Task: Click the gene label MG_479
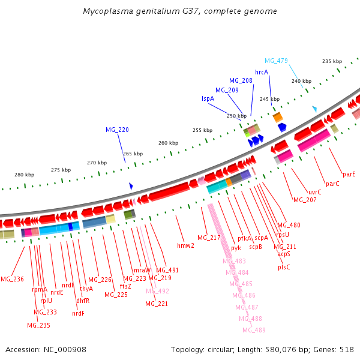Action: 276,61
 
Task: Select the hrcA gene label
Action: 262,72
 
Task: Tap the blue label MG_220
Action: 117,130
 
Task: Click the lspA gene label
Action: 208,98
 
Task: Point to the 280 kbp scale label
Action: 25,175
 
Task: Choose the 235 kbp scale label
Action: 332,61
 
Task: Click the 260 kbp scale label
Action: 169,143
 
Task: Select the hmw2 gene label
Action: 185,245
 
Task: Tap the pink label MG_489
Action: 254,330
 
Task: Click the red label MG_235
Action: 38,325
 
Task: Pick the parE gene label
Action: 349,174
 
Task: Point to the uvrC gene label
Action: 315,192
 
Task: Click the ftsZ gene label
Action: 125,286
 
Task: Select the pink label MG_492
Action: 157,291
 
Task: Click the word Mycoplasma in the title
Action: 107,11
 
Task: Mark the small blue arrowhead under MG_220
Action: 131,187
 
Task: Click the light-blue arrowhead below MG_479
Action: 314,109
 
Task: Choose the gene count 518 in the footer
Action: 346,349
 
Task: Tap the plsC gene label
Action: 284,267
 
